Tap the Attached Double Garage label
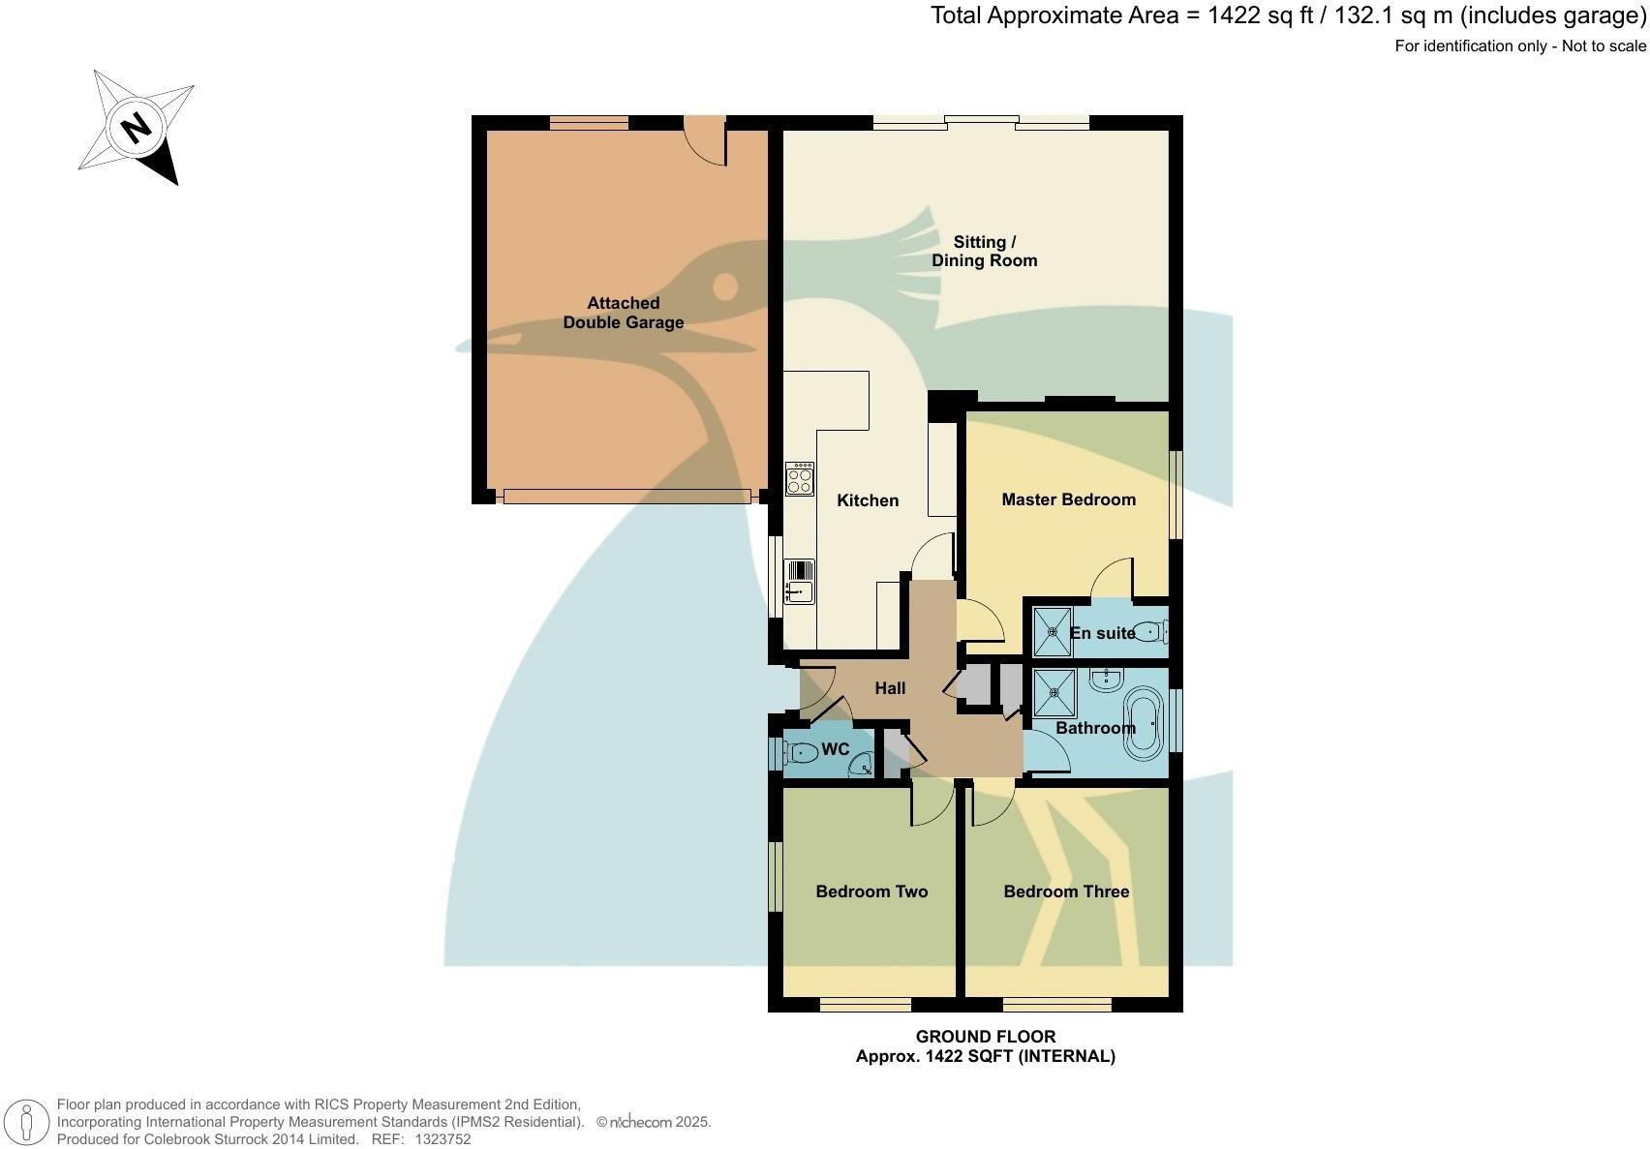point(624,313)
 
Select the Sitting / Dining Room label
point(984,251)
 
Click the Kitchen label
point(868,500)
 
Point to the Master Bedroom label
point(1068,499)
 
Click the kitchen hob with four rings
point(800,480)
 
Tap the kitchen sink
point(799,580)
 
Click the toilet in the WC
point(801,751)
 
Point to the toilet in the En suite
point(1148,633)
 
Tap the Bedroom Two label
point(871,892)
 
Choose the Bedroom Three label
point(1066,892)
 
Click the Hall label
point(890,688)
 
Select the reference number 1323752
point(443,1139)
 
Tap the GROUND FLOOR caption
point(985,1037)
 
